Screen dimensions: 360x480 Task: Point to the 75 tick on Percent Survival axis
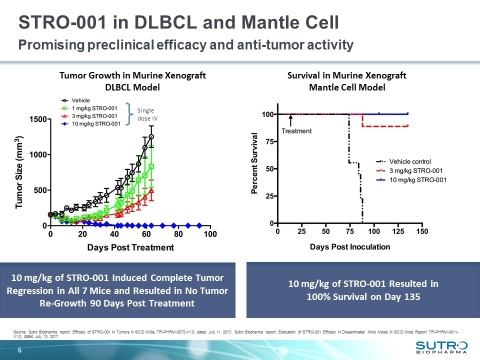[269, 141]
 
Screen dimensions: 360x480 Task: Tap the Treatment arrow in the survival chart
[291, 120]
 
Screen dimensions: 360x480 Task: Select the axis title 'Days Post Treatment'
[130, 247]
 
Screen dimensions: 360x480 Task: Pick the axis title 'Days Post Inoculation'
[350, 246]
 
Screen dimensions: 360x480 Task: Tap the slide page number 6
[20, 350]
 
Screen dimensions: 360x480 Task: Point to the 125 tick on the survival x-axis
[397, 232]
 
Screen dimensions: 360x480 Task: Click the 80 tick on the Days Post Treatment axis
[178, 234]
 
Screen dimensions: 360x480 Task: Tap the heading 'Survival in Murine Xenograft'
[346, 75]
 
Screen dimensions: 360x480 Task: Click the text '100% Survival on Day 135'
[363, 296]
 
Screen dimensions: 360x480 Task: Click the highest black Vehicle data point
[151, 136]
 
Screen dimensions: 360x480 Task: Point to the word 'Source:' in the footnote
[21, 332]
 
